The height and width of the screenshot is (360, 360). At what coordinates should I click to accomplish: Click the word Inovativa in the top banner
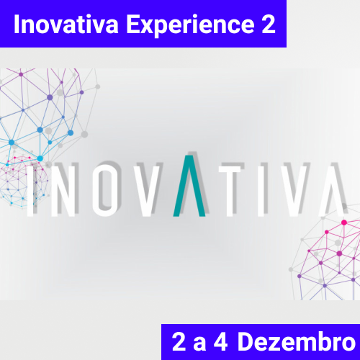[66, 24]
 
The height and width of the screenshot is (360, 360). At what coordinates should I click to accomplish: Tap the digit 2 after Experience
[269, 24]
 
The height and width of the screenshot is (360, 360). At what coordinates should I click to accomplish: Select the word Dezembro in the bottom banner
[297, 341]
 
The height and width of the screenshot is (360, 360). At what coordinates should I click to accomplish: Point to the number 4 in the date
[220, 341]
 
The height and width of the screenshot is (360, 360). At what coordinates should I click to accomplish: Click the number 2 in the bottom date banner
[179, 341]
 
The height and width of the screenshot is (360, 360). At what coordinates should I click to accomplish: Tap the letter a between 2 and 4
[199, 344]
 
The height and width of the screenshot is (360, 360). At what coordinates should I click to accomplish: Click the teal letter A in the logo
[189, 186]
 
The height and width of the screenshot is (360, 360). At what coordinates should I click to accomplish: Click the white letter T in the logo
[230, 191]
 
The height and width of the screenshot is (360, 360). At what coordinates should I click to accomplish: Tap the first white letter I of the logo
[30, 191]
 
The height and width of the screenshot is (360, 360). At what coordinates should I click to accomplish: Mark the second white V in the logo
[294, 191]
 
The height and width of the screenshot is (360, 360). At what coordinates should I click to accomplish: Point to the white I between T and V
[261, 191]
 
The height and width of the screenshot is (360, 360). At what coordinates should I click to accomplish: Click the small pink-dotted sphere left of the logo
[23, 181]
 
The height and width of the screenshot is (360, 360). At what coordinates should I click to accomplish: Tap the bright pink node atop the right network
[344, 222]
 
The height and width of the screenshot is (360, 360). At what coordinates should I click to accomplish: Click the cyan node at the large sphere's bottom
[40, 158]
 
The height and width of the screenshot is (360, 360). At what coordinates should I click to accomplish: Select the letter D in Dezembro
[246, 341]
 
